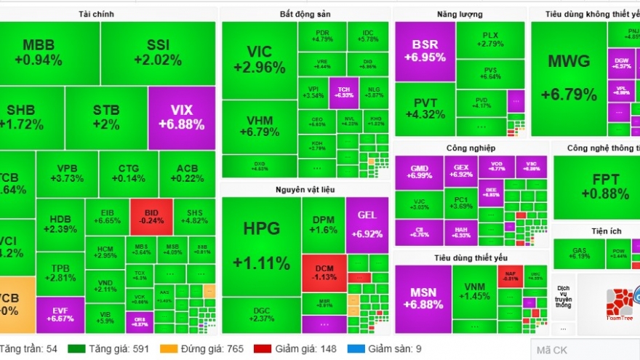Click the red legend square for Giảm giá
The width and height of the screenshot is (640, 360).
pyautogui.click(x=259, y=349)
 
